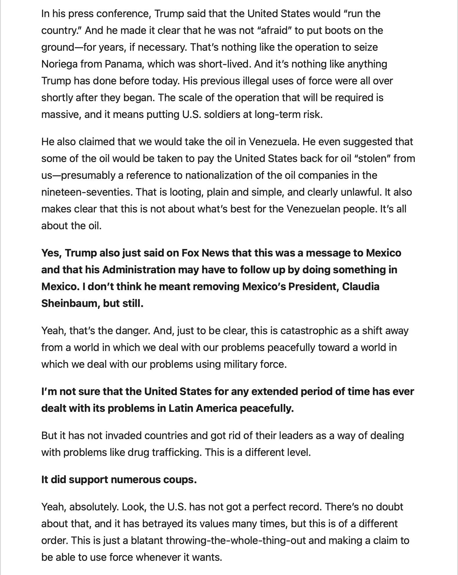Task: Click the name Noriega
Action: pyautogui.click(x=59, y=64)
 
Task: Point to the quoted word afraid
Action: pyautogui.click(x=274, y=30)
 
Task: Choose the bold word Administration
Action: pyautogui.click(x=139, y=270)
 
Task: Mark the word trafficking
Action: pyautogui.click(x=176, y=452)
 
